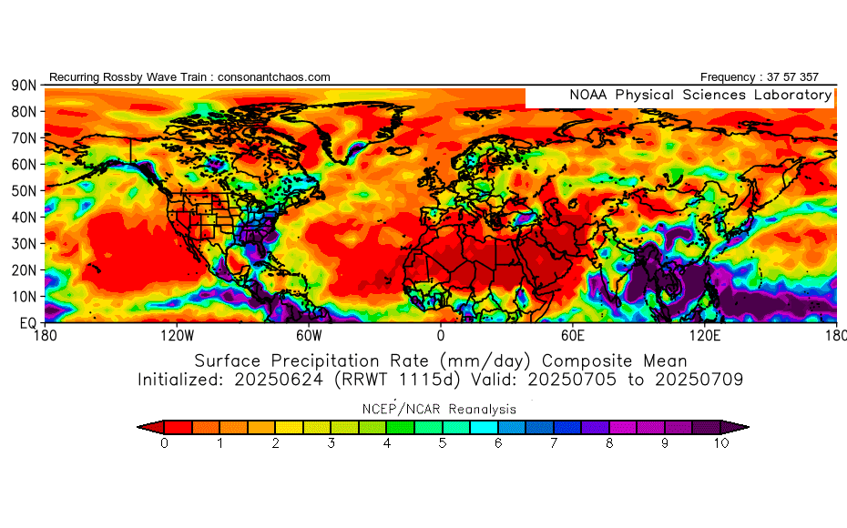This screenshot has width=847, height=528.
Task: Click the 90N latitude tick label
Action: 23,85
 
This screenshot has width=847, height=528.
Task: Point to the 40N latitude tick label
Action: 23,217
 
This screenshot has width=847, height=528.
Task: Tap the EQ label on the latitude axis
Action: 27,322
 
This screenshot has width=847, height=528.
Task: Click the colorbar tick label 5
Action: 443,444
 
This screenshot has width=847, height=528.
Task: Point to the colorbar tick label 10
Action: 721,444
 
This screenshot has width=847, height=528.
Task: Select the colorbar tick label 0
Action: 164,444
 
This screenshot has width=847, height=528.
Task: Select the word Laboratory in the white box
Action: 791,95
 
